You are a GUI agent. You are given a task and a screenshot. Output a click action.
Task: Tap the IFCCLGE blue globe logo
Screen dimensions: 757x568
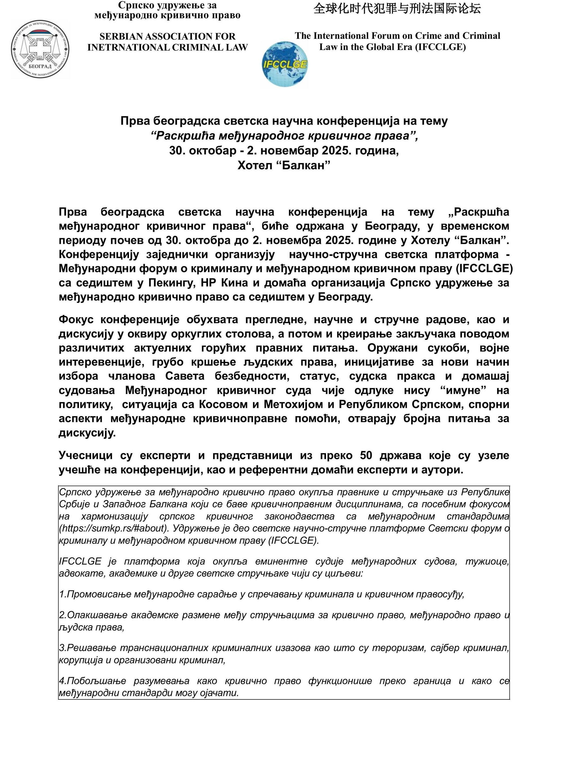pyautogui.click(x=284, y=64)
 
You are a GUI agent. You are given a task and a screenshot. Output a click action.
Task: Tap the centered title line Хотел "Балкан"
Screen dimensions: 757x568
pyautogui.click(x=284, y=166)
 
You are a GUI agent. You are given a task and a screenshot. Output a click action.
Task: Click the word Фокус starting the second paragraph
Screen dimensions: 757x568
pyautogui.click(x=76, y=320)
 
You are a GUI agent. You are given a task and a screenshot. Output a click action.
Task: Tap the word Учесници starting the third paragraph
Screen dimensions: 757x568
pyautogui.click(x=85, y=456)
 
